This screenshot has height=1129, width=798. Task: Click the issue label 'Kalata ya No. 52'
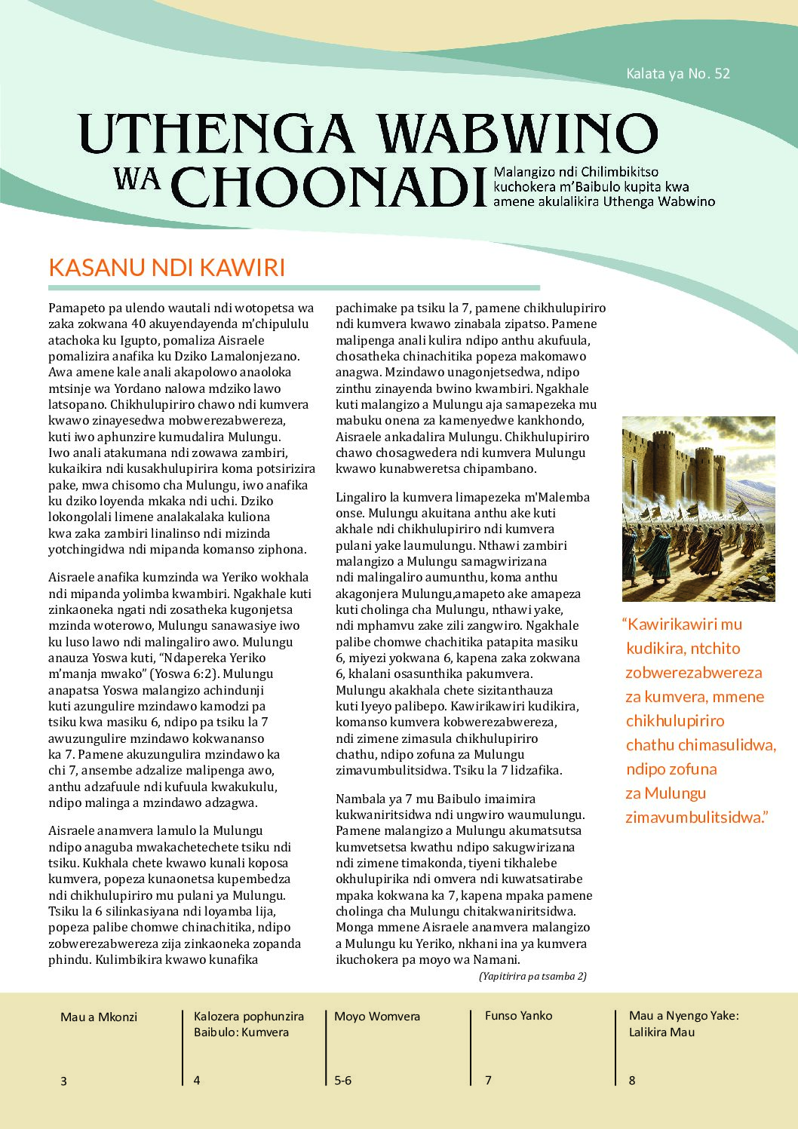tap(677, 73)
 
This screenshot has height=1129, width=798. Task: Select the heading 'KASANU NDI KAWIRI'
tap(167, 268)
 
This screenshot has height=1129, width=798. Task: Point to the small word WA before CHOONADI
tap(138, 178)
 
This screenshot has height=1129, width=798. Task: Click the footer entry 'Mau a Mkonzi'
tap(99, 1017)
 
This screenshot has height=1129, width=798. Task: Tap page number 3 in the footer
tap(63, 1081)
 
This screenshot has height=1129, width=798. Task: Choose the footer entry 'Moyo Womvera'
tap(377, 1016)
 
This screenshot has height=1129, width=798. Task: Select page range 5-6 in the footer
tap(342, 1080)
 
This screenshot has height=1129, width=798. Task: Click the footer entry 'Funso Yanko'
tap(518, 1015)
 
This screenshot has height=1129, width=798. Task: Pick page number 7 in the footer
tap(488, 1080)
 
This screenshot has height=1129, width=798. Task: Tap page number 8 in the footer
tap(632, 1080)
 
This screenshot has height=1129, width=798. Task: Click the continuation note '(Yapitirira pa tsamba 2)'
tap(533, 976)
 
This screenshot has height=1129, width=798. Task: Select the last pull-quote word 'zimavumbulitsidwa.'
tap(696, 817)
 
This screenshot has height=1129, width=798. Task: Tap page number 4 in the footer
tap(197, 1080)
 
